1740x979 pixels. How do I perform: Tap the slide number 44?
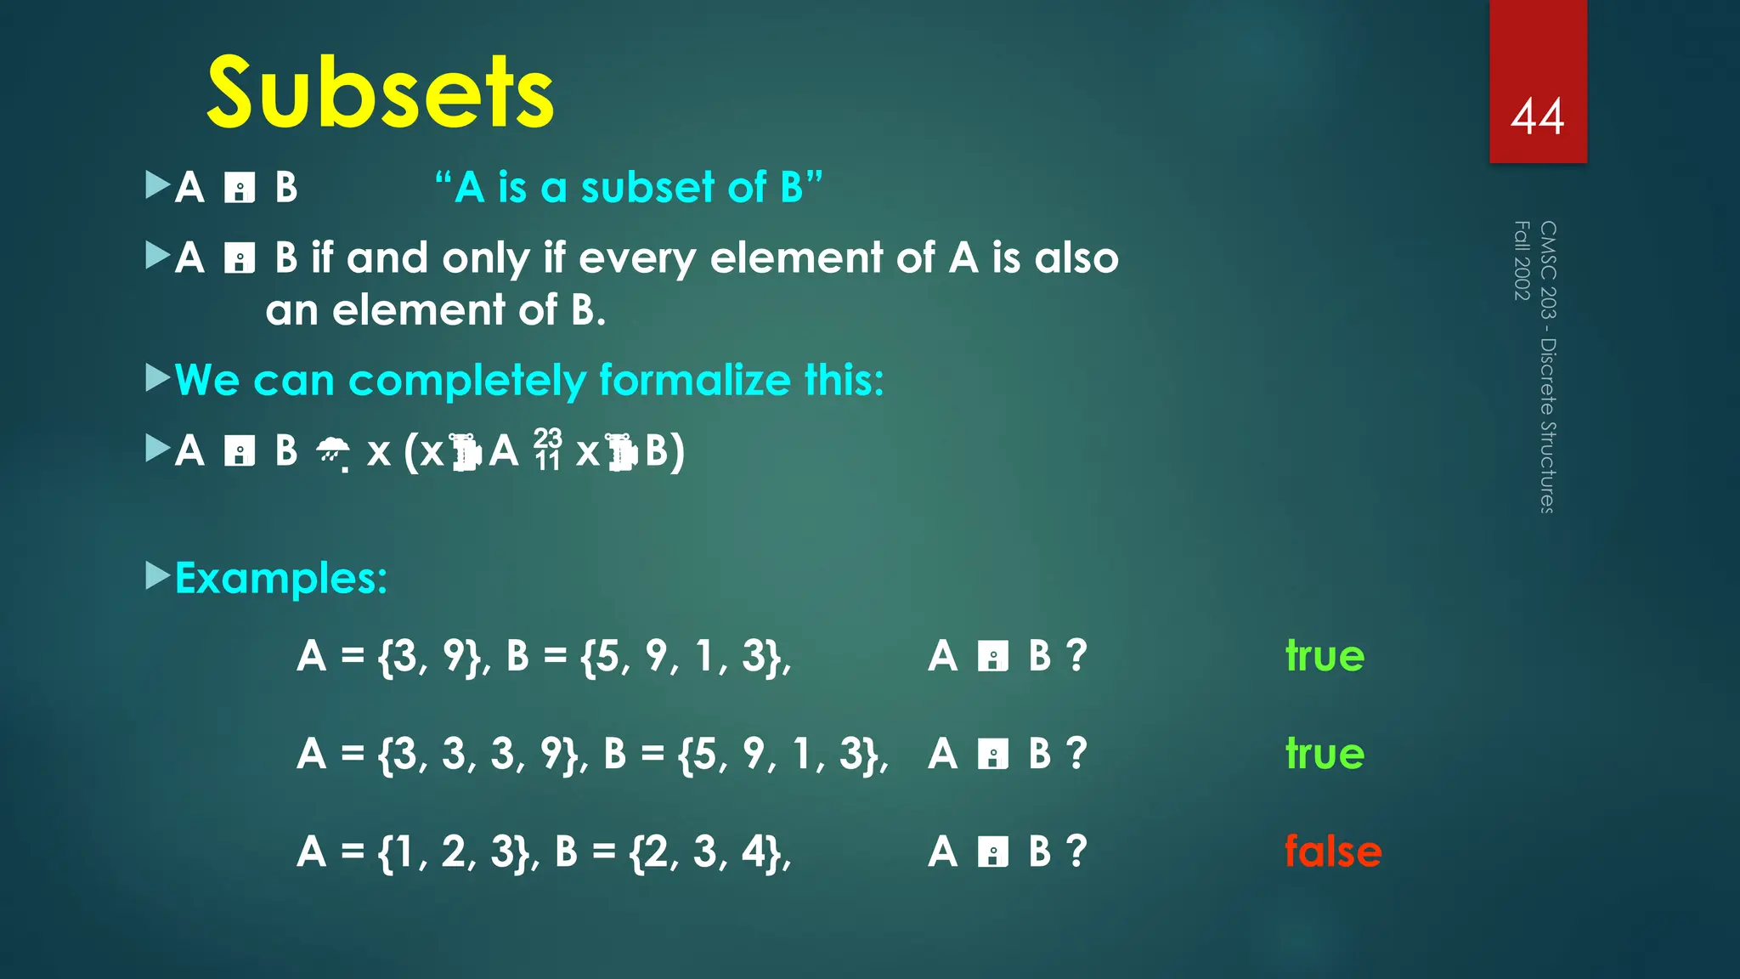1537,116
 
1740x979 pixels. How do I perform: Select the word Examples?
281,579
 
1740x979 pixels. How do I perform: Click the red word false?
1332,852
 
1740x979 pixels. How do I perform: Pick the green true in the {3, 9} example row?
1325,656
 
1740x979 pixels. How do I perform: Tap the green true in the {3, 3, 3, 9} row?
1325,754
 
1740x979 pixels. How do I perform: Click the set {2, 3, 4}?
710,852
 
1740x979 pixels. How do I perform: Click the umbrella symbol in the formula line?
332,453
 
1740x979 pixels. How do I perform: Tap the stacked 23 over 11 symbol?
547,450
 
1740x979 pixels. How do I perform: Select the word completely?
467,380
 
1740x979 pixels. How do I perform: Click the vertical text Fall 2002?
1522,260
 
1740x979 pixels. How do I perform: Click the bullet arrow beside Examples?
158,576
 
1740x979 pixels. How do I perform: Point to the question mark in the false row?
1076,852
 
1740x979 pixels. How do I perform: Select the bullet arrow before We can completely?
158,378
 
